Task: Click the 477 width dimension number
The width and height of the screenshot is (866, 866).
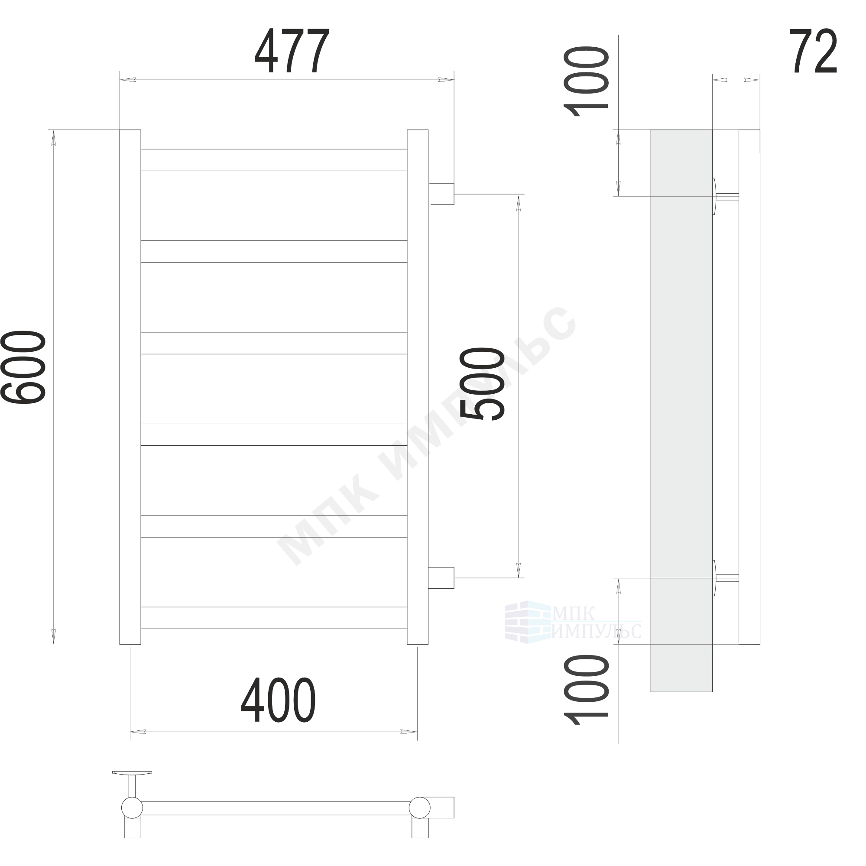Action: coord(292,51)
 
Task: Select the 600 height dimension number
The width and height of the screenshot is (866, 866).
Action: coord(23,367)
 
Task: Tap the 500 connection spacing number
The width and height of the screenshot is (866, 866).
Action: coord(482,384)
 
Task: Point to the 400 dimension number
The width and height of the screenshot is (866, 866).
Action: coord(278,700)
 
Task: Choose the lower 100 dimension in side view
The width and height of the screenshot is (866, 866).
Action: coord(586,690)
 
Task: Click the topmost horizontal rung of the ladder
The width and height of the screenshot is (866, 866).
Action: coord(274,160)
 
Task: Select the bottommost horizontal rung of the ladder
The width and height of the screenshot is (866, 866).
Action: coord(274,618)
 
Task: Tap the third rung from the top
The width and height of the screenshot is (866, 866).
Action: coord(274,343)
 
